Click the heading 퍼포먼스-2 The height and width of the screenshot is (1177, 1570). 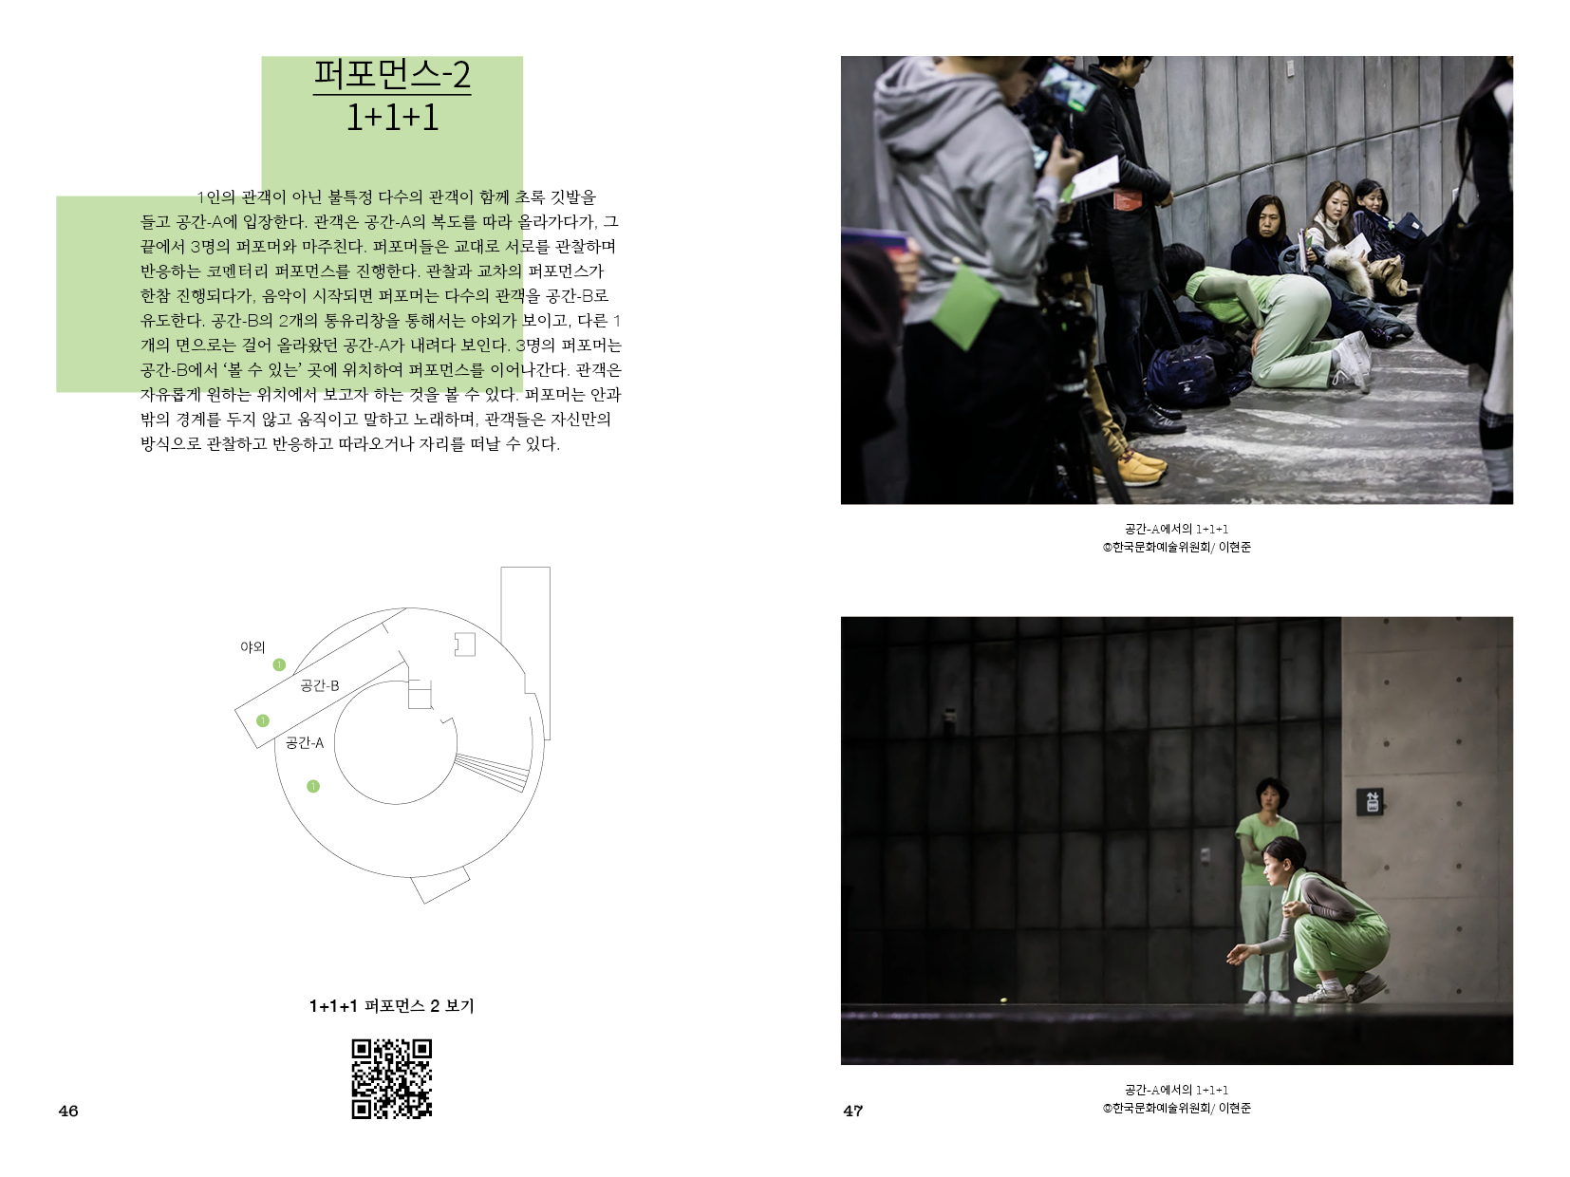(392, 74)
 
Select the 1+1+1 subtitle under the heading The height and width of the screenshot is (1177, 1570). (392, 118)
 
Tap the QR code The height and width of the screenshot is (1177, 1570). (392, 1079)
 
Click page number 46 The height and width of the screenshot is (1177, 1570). (68, 1111)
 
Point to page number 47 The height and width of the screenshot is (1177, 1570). (853, 1111)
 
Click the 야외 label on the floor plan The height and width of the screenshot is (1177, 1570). (252, 647)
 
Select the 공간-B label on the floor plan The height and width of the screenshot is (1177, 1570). (320, 685)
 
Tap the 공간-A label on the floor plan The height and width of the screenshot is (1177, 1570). (305, 743)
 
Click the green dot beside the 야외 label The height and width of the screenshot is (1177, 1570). (280, 665)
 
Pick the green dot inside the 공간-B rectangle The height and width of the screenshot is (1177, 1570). (263, 720)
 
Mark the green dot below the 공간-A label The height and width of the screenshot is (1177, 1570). (313, 787)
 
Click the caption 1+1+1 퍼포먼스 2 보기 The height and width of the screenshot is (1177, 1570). (392, 1006)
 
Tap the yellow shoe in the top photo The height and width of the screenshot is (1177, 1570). (1141, 465)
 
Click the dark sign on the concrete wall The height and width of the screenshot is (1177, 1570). (1371, 801)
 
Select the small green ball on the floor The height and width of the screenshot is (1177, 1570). (1003, 1000)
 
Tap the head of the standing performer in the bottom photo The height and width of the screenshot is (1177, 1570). (1272, 795)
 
